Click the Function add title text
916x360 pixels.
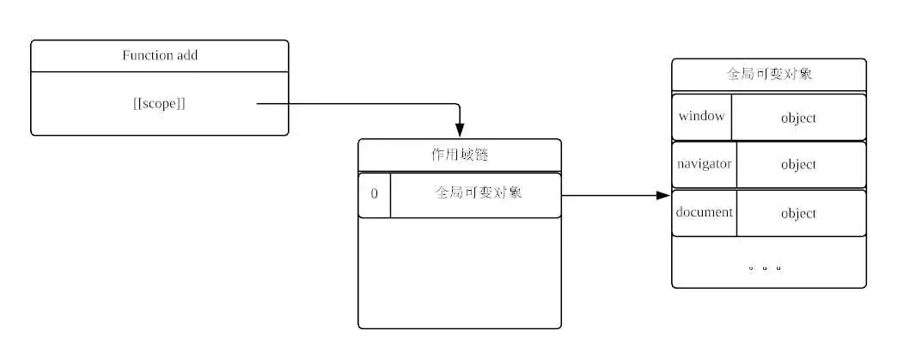pyautogui.click(x=160, y=56)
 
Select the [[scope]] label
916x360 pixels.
pyautogui.click(x=160, y=104)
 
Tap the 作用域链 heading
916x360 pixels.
pyautogui.click(x=459, y=156)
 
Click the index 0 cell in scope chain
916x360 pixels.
pyautogui.click(x=375, y=194)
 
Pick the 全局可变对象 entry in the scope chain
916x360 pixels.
pyautogui.click(x=478, y=193)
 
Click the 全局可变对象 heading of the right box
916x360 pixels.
pyautogui.click(x=769, y=74)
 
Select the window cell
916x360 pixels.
pyautogui.click(x=701, y=116)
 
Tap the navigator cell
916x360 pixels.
pyautogui.click(x=704, y=163)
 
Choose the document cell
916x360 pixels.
pyautogui.click(x=704, y=212)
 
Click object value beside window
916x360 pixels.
pyautogui.click(x=798, y=118)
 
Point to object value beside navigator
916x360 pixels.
pyautogui.click(x=798, y=164)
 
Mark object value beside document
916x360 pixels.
pyautogui.click(x=798, y=213)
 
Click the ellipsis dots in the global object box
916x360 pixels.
pyautogui.click(x=765, y=267)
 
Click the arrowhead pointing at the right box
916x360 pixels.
pyautogui.click(x=663, y=196)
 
